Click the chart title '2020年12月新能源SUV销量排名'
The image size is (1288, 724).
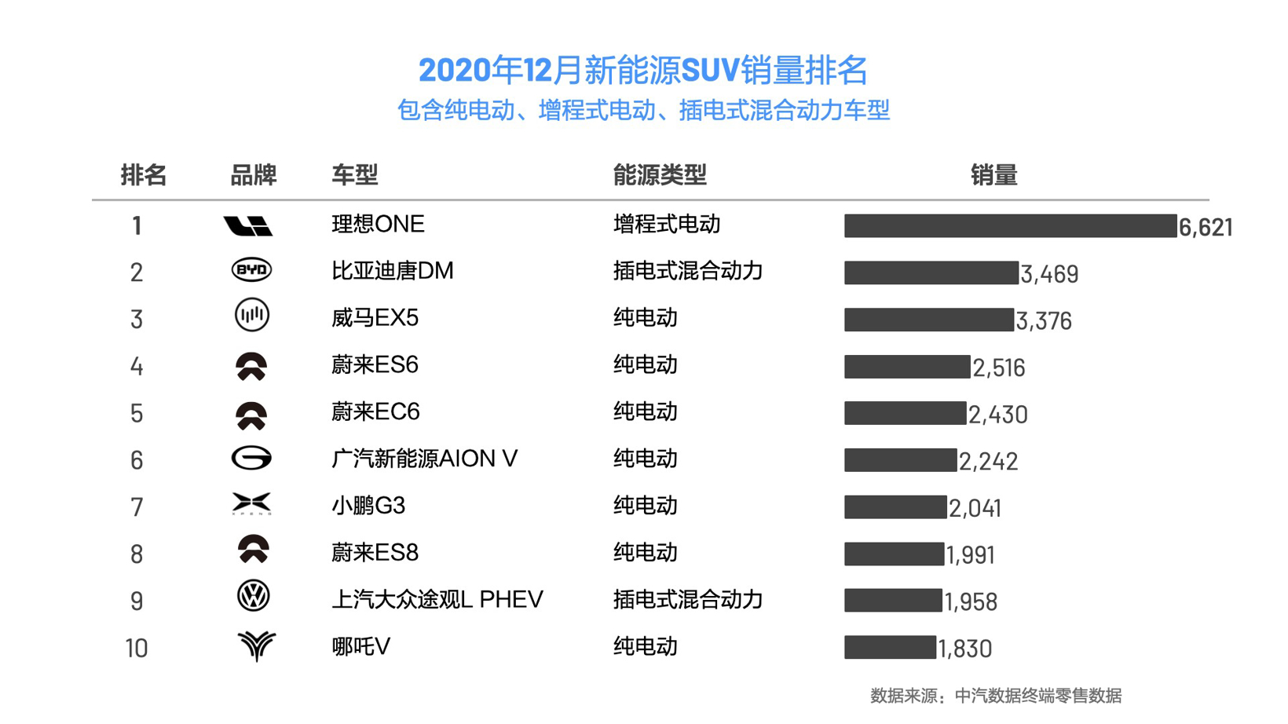[x=642, y=71]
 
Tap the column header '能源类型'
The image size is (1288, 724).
[x=660, y=175]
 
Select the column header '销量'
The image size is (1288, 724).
[x=993, y=175]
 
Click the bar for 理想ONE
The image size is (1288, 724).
[x=1010, y=226]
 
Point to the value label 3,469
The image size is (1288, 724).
[x=1049, y=274]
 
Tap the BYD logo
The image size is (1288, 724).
[x=251, y=270]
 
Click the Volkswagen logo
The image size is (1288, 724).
[x=253, y=597]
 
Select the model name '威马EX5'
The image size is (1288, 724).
[x=375, y=318]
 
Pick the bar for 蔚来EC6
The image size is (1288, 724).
[x=905, y=413]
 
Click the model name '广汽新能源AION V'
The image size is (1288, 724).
[x=424, y=459]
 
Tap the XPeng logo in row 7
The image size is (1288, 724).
[x=251, y=504]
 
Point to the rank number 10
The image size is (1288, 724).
[x=136, y=649]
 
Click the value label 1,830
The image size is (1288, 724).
[x=965, y=649]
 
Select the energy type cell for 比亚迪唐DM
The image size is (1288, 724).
[x=687, y=271]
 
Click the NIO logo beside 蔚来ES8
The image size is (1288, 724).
[x=253, y=550]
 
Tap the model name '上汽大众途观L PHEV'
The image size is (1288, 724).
[x=437, y=600]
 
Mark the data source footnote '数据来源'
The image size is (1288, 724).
[x=995, y=696]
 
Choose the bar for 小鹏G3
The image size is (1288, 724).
[x=895, y=507]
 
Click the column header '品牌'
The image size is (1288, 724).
[x=253, y=175]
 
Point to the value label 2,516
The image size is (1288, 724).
[x=999, y=367]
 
